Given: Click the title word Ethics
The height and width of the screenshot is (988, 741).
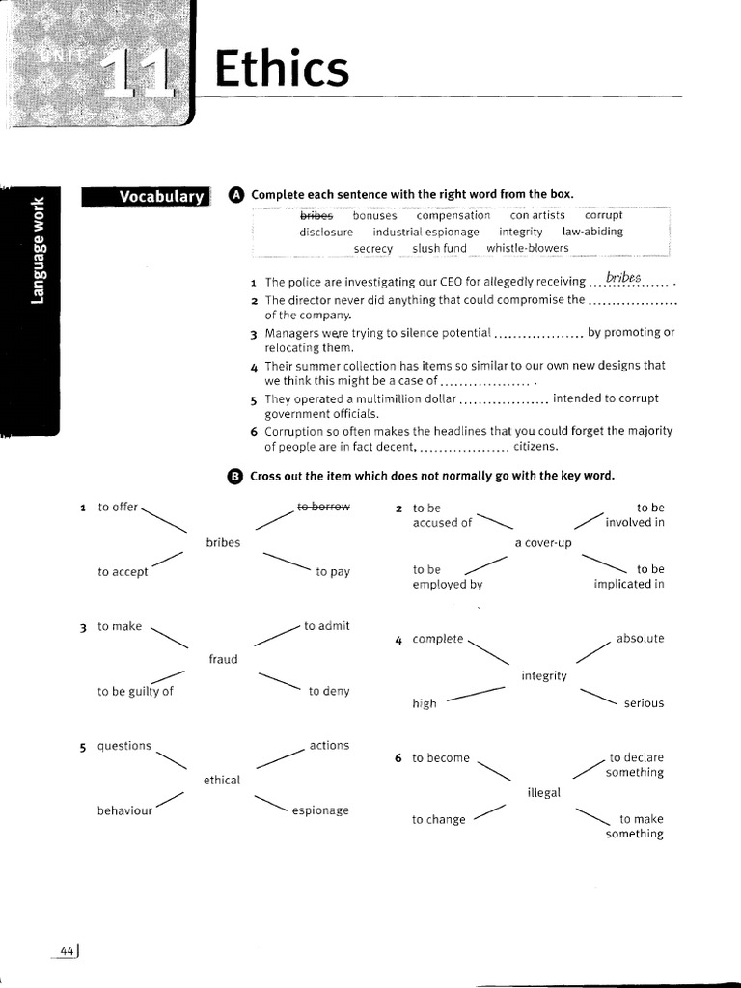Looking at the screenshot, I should point(280,70).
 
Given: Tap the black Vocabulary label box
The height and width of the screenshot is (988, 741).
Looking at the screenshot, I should point(146,197).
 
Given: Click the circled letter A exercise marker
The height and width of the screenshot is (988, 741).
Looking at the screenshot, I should point(236,195).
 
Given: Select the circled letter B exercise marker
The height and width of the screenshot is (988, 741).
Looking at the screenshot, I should point(236,476).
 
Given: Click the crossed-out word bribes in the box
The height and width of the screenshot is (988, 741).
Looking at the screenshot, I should point(316,215).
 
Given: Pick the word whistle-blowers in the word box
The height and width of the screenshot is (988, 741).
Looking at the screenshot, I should point(528,248).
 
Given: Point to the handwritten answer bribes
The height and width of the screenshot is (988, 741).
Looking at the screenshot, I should point(623,279).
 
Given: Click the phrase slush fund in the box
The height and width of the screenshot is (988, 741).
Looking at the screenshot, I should point(439,248).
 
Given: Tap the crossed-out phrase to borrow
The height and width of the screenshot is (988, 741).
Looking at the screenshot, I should point(323,507).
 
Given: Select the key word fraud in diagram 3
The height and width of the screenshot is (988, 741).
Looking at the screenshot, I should point(223,659).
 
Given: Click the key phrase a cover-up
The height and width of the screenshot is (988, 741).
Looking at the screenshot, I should point(543,543).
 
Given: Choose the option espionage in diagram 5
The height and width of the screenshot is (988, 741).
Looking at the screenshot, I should point(320,810).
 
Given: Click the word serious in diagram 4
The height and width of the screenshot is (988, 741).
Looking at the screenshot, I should point(644,703).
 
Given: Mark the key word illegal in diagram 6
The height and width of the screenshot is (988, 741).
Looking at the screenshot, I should point(543,793).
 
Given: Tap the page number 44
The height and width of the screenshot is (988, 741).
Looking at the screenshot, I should point(68,950).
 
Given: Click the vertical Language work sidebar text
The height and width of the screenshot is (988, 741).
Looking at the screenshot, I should point(38,249).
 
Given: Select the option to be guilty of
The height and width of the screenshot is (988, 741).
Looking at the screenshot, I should point(136,691).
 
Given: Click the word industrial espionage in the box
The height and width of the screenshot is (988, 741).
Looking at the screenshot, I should point(425,232).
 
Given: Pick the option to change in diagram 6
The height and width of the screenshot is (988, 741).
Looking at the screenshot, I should point(438,820).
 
